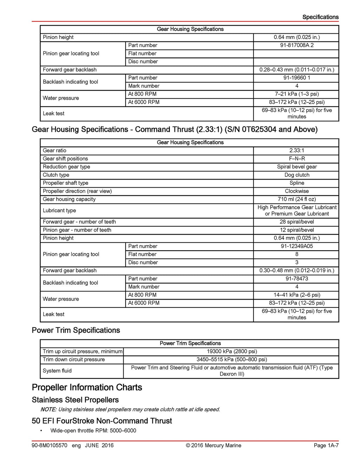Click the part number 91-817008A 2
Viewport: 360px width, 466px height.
[x=296, y=45]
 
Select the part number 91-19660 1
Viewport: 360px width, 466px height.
[x=296, y=78]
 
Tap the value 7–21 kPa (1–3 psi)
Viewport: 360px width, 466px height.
[x=296, y=94]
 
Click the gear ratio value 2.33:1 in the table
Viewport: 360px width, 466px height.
[x=296, y=150]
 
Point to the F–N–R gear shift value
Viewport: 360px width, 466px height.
[x=296, y=158]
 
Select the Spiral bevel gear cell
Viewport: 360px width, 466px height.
[x=296, y=167]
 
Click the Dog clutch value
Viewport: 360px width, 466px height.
[x=296, y=175]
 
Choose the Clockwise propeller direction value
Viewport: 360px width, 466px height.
[x=296, y=191]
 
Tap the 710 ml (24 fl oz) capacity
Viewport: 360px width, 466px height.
[x=296, y=199]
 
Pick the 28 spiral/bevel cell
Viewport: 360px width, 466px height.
[x=296, y=222]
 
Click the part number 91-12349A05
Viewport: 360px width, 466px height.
[x=296, y=246]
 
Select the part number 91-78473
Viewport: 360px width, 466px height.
[x=296, y=279]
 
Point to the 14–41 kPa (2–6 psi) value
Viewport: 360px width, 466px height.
[x=296, y=295]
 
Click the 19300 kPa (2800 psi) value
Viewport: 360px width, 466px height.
[x=231, y=351]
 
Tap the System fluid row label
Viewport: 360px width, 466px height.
[x=57, y=371]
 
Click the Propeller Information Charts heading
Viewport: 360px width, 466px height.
[x=87, y=387]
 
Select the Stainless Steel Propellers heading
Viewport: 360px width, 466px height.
[x=75, y=400]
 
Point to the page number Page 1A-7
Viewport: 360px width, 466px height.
[x=326, y=445]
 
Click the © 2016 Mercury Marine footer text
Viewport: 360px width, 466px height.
[x=213, y=445]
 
